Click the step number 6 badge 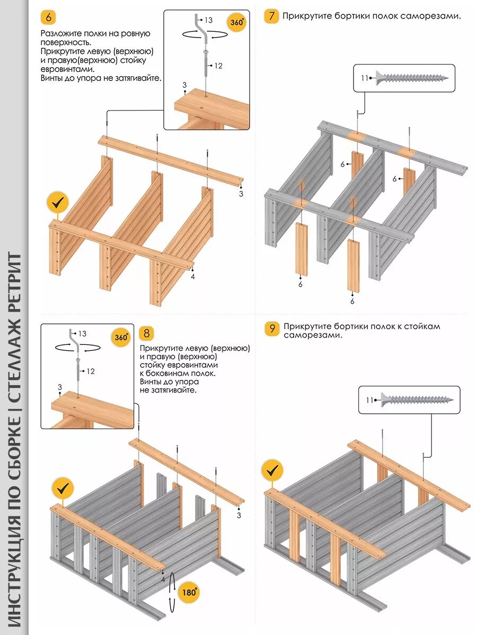click(x=49, y=17)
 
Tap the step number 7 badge click(x=271, y=15)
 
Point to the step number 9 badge click(x=272, y=329)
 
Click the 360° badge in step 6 click(x=237, y=23)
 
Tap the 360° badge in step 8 click(x=121, y=337)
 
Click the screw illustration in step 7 click(x=412, y=78)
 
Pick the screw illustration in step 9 click(x=417, y=400)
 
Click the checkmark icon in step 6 click(x=57, y=202)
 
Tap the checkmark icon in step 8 click(x=62, y=487)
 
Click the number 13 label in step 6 click(x=208, y=20)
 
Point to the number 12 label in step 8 click(x=91, y=371)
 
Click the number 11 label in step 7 click(x=364, y=78)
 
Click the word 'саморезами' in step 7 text click(x=433, y=16)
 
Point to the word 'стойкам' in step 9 click(x=422, y=326)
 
